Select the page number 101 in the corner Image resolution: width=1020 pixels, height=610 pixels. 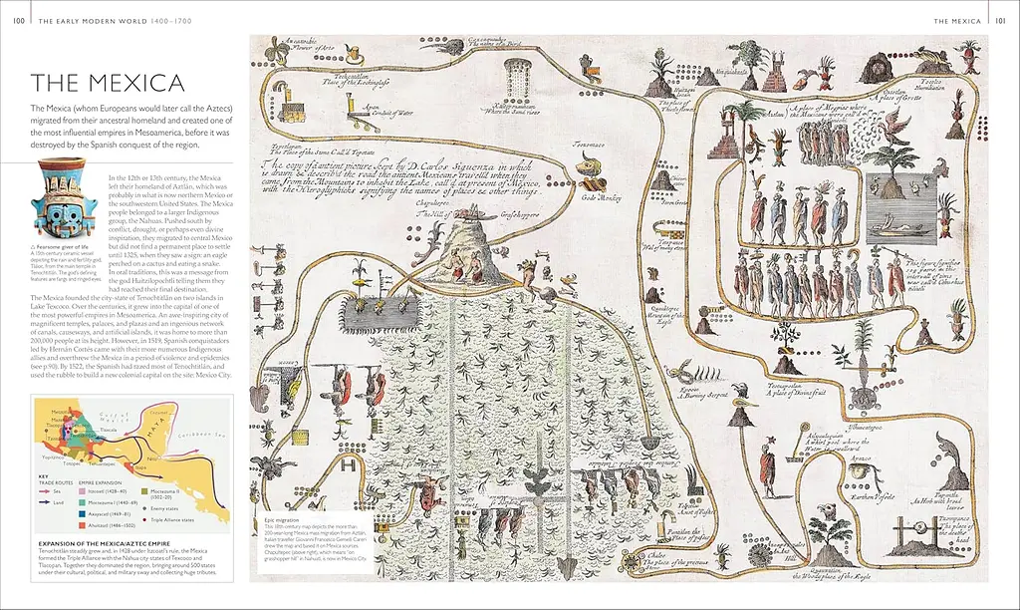tap(1002, 19)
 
